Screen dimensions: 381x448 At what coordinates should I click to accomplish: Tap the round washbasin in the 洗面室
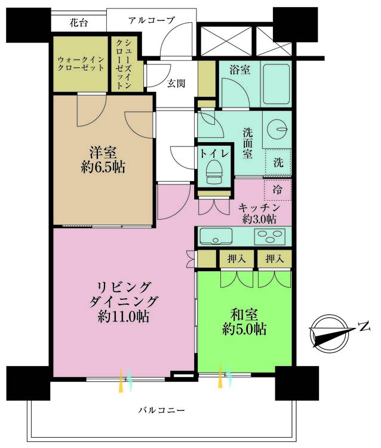click(x=276, y=128)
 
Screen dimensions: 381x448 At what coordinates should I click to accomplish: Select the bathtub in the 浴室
click(x=276, y=84)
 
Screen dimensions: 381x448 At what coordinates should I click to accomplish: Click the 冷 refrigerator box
click(x=277, y=190)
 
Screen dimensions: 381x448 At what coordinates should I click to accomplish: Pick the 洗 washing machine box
click(x=278, y=162)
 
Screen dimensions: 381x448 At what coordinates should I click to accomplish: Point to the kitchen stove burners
click(x=270, y=237)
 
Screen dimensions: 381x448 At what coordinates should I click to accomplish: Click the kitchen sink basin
click(x=216, y=236)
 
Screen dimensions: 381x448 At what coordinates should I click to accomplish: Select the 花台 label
click(x=79, y=22)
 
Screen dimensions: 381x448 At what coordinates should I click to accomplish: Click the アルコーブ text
click(x=151, y=20)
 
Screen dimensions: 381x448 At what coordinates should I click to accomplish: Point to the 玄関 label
click(x=176, y=84)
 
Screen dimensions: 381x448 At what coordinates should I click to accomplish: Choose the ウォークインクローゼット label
click(x=81, y=64)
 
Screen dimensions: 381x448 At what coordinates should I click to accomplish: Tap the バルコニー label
click(x=162, y=411)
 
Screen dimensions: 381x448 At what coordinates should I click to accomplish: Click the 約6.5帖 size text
click(x=103, y=167)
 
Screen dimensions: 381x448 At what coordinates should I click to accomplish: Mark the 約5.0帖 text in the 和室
click(x=244, y=329)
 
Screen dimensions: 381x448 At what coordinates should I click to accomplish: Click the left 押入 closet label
click(x=236, y=259)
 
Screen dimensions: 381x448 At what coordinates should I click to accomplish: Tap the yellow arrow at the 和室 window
click(x=220, y=376)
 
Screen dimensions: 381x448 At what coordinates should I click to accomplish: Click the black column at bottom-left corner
click(x=28, y=383)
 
